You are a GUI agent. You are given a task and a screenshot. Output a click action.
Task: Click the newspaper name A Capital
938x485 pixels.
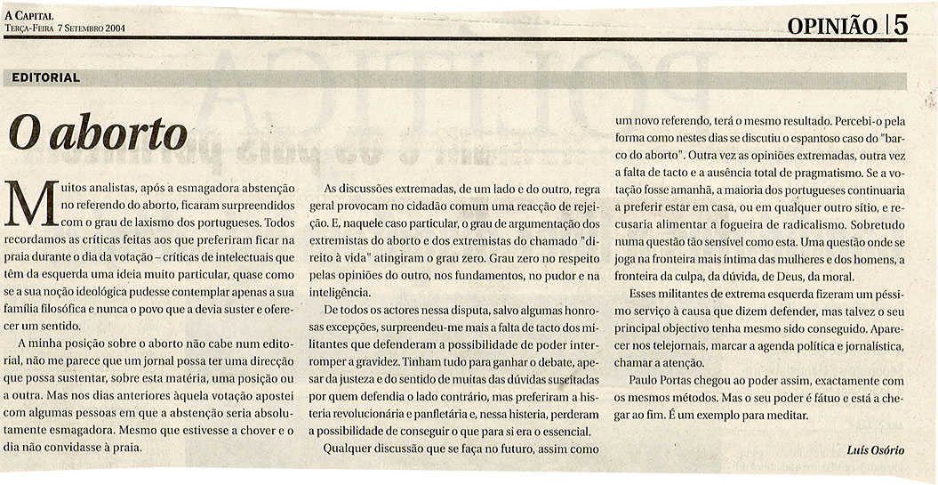coord(29,16)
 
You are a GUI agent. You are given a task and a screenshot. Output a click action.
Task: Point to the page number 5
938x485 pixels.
coord(901,26)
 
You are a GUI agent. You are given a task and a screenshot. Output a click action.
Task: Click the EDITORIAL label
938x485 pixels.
coord(46,77)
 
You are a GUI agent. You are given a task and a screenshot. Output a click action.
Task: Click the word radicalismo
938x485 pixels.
coord(803,224)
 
